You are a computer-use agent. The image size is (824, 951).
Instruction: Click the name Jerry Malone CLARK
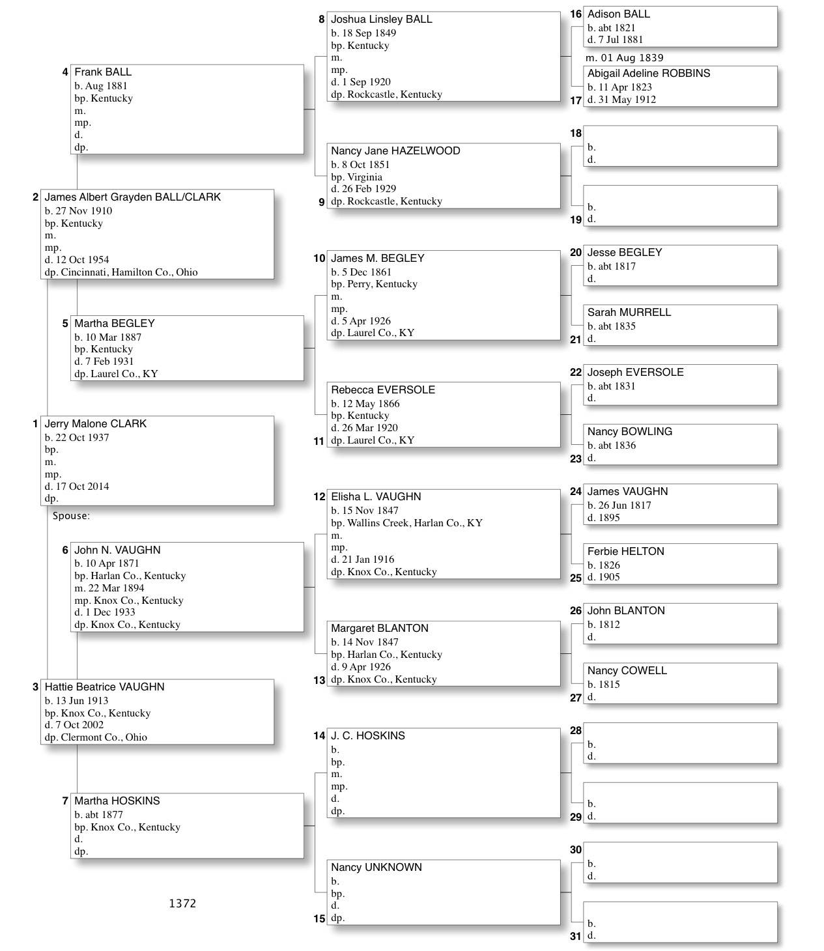point(95,424)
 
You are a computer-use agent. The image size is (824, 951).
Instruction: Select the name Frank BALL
point(102,72)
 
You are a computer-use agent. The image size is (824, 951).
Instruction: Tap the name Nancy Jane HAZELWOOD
point(395,151)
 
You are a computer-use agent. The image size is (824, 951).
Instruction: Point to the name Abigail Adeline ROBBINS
point(648,74)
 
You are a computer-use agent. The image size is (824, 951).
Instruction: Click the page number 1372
point(182,903)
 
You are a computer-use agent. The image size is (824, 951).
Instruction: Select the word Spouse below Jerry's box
point(70,516)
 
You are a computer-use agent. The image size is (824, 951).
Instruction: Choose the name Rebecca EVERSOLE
point(382,390)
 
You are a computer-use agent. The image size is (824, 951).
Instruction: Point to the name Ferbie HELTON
point(625,552)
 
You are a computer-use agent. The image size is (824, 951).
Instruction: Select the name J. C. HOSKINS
point(367,736)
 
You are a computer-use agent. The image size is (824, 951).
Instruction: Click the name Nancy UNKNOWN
point(376,868)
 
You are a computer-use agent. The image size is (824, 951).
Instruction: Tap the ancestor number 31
point(575,937)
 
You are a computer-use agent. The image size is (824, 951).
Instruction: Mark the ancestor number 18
point(575,134)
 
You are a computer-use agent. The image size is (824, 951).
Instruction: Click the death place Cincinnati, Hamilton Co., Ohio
point(129,272)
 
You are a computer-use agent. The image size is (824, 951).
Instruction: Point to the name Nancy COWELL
point(627,671)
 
